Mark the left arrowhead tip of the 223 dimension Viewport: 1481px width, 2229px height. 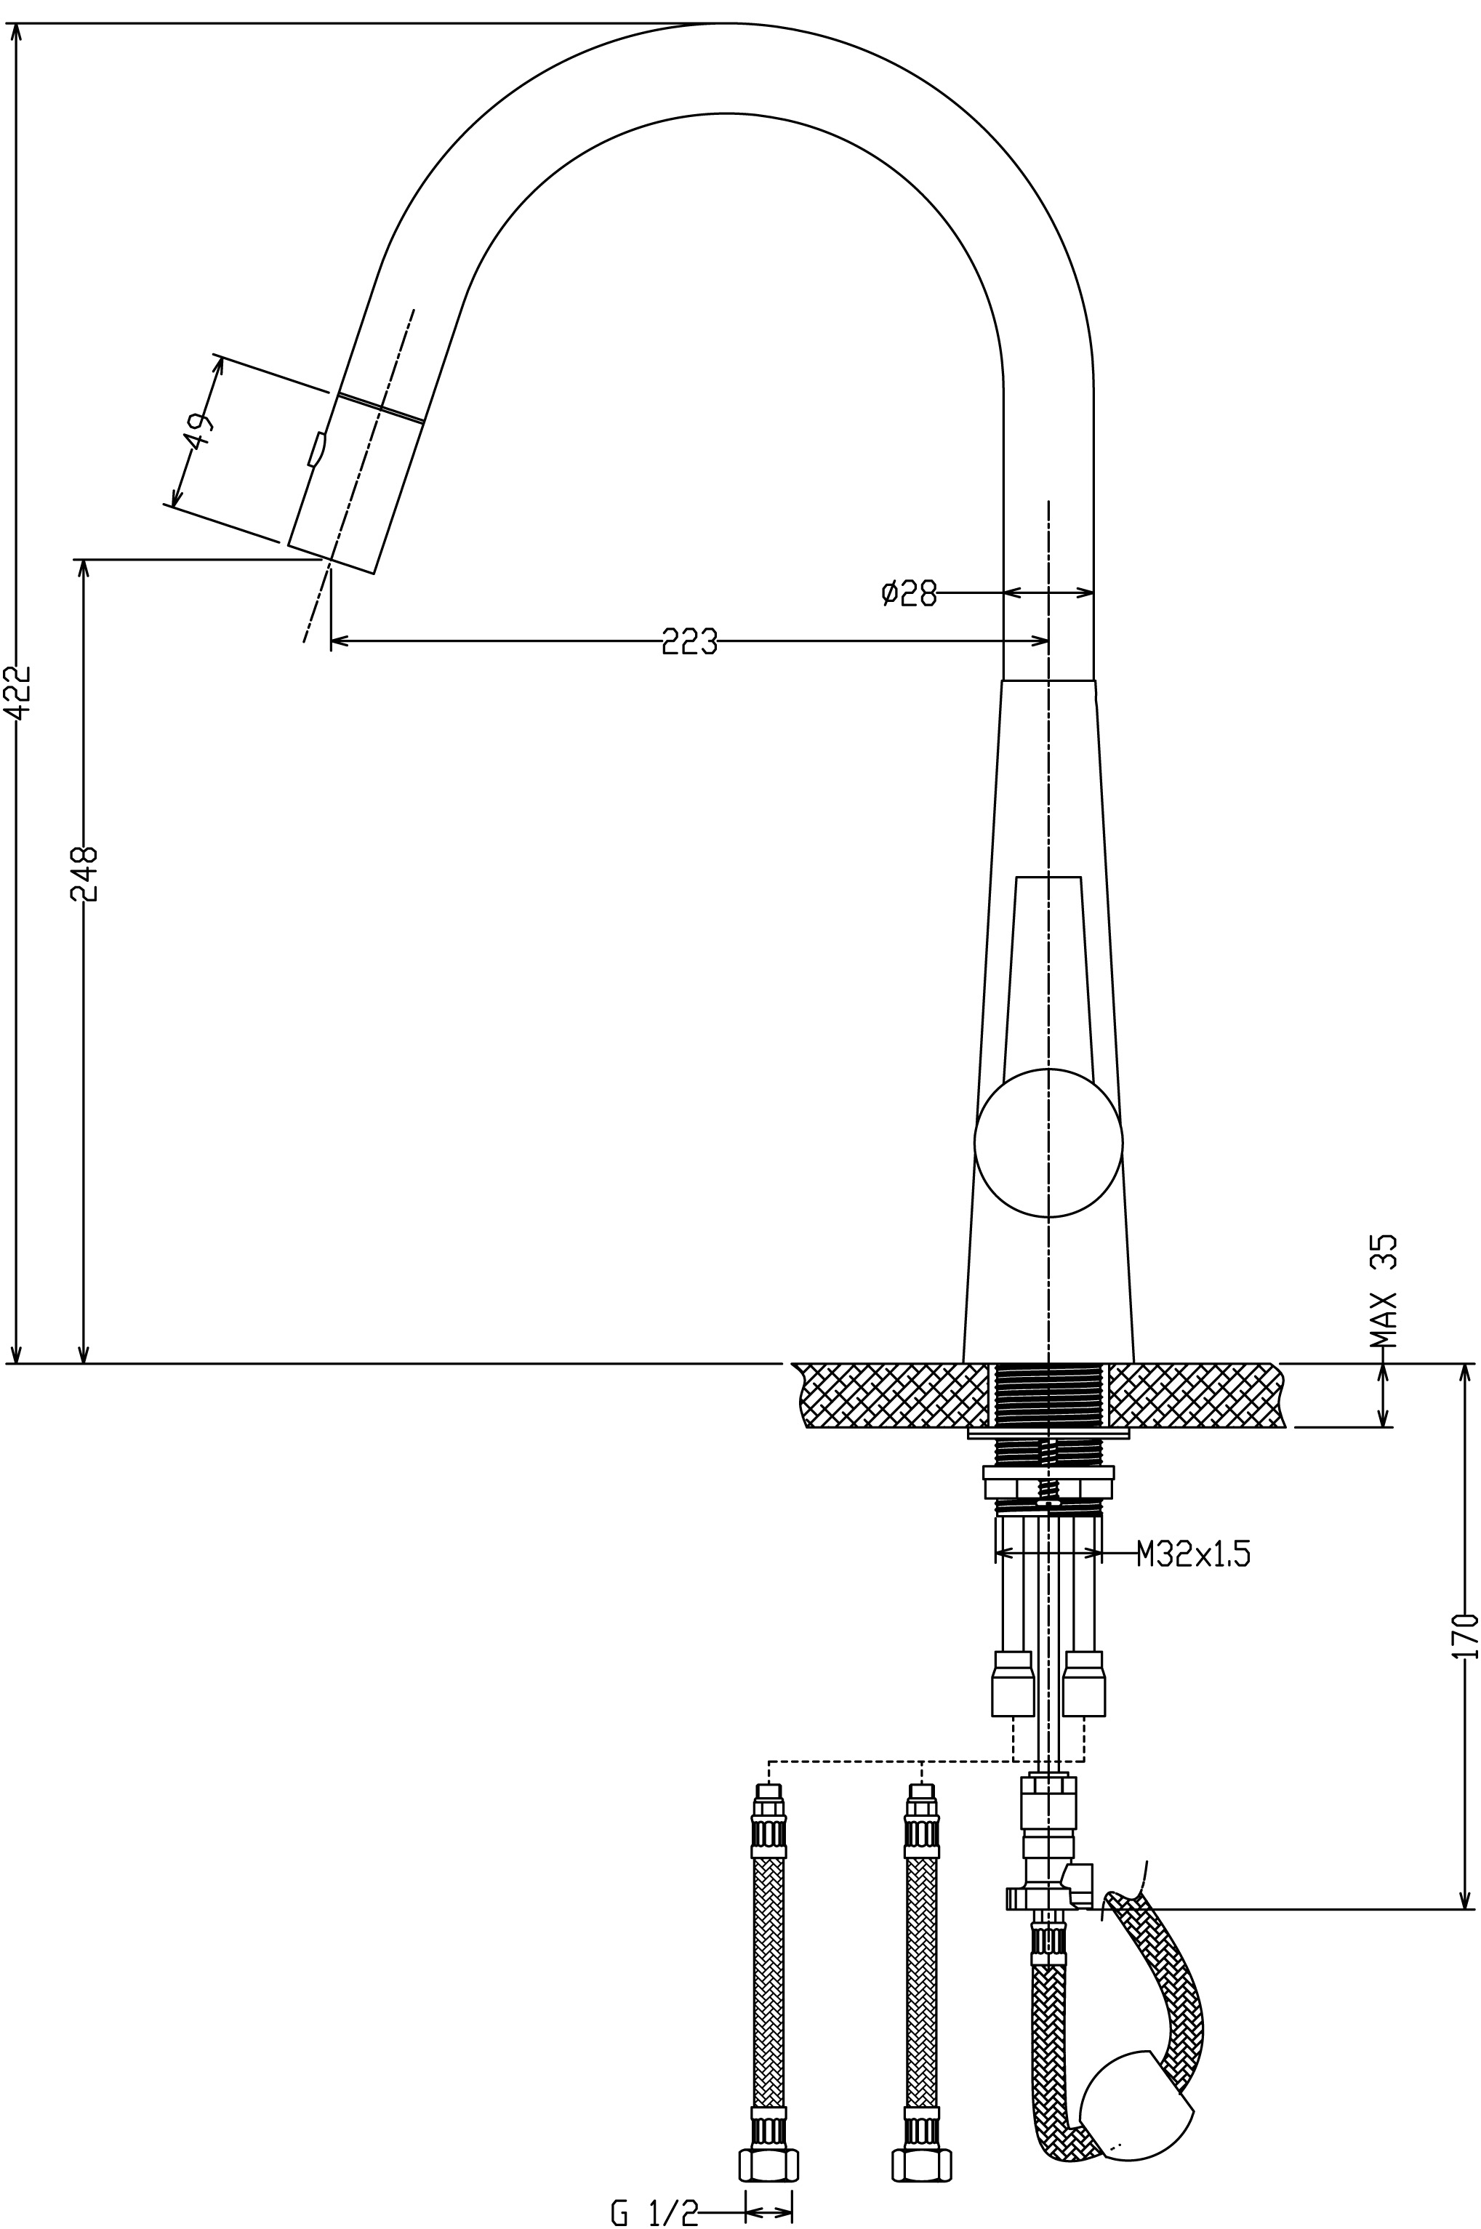[331, 641]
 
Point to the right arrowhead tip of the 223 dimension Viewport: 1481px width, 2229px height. [1048, 641]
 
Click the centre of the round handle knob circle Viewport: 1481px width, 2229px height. [1048, 1143]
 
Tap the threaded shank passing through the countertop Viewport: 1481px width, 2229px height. [1048, 1396]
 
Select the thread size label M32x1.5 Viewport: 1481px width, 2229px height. [1192, 1554]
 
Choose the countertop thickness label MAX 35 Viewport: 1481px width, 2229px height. [1383, 1291]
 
